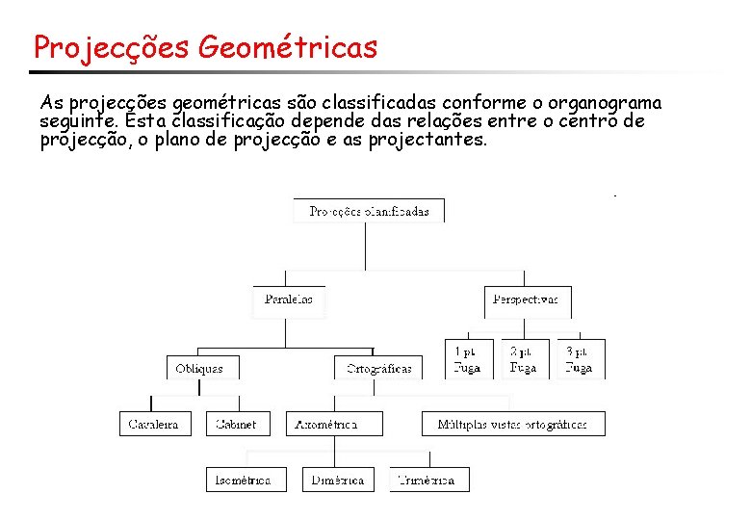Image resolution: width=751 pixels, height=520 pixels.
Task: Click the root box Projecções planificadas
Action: (369, 211)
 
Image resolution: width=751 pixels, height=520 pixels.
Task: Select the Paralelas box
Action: (289, 299)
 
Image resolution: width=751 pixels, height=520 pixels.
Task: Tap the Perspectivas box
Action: (525, 299)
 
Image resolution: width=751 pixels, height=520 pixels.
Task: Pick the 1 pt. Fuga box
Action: (468, 359)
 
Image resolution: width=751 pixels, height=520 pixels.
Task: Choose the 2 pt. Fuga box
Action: (523, 359)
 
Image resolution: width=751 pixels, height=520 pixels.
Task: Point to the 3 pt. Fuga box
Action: (580, 359)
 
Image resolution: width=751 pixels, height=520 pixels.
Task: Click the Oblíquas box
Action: (199, 368)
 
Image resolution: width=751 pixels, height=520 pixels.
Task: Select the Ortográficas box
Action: (378, 368)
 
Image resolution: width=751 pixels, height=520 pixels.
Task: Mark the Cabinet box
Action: (236, 424)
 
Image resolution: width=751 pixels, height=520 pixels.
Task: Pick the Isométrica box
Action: (245, 480)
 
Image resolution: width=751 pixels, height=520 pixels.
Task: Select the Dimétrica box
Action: (336, 480)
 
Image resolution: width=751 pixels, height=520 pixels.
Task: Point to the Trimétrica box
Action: (429, 480)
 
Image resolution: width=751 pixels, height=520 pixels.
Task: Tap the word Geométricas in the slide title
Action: (288, 47)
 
